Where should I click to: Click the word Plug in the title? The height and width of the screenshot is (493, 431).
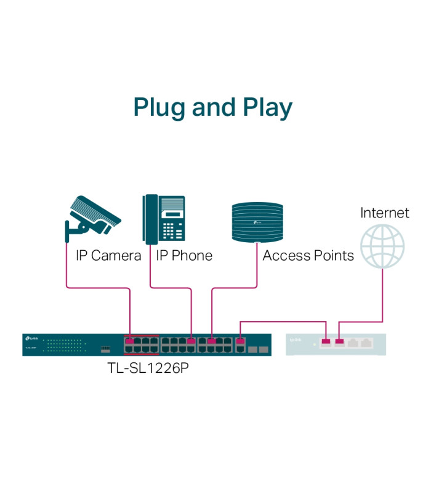(159, 107)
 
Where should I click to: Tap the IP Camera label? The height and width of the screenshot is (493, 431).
(108, 255)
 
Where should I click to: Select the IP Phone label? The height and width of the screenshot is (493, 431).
(184, 255)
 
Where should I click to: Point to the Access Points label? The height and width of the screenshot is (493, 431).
(308, 255)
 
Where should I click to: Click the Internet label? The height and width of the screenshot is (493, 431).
(384, 213)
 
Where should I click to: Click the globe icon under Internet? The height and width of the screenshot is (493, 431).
(383, 246)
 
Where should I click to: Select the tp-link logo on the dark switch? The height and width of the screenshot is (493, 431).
(31, 338)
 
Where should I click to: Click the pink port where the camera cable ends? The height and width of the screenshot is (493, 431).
(130, 340)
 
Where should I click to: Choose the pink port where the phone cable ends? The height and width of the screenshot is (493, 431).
(191, 340)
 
